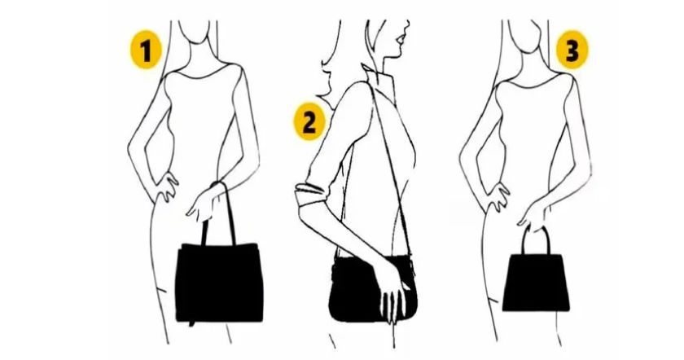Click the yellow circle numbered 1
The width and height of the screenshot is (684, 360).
coord(146,50)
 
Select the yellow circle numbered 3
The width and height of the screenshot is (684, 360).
coord(572,50)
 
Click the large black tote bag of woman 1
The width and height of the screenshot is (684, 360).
coord(219,283)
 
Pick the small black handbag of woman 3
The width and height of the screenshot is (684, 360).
coord(536,282)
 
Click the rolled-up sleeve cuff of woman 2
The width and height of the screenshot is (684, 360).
coord(310,195)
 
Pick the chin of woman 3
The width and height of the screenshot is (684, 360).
coord(527,45)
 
